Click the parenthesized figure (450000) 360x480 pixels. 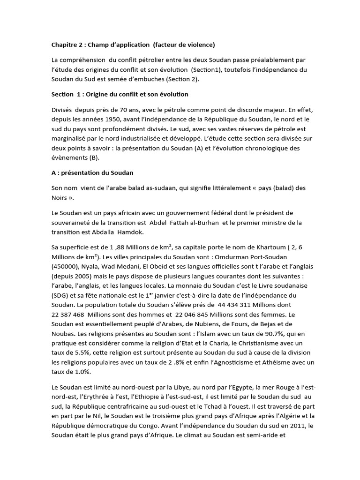tap(66, 266)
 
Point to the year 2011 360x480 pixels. tap(290, 425)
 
